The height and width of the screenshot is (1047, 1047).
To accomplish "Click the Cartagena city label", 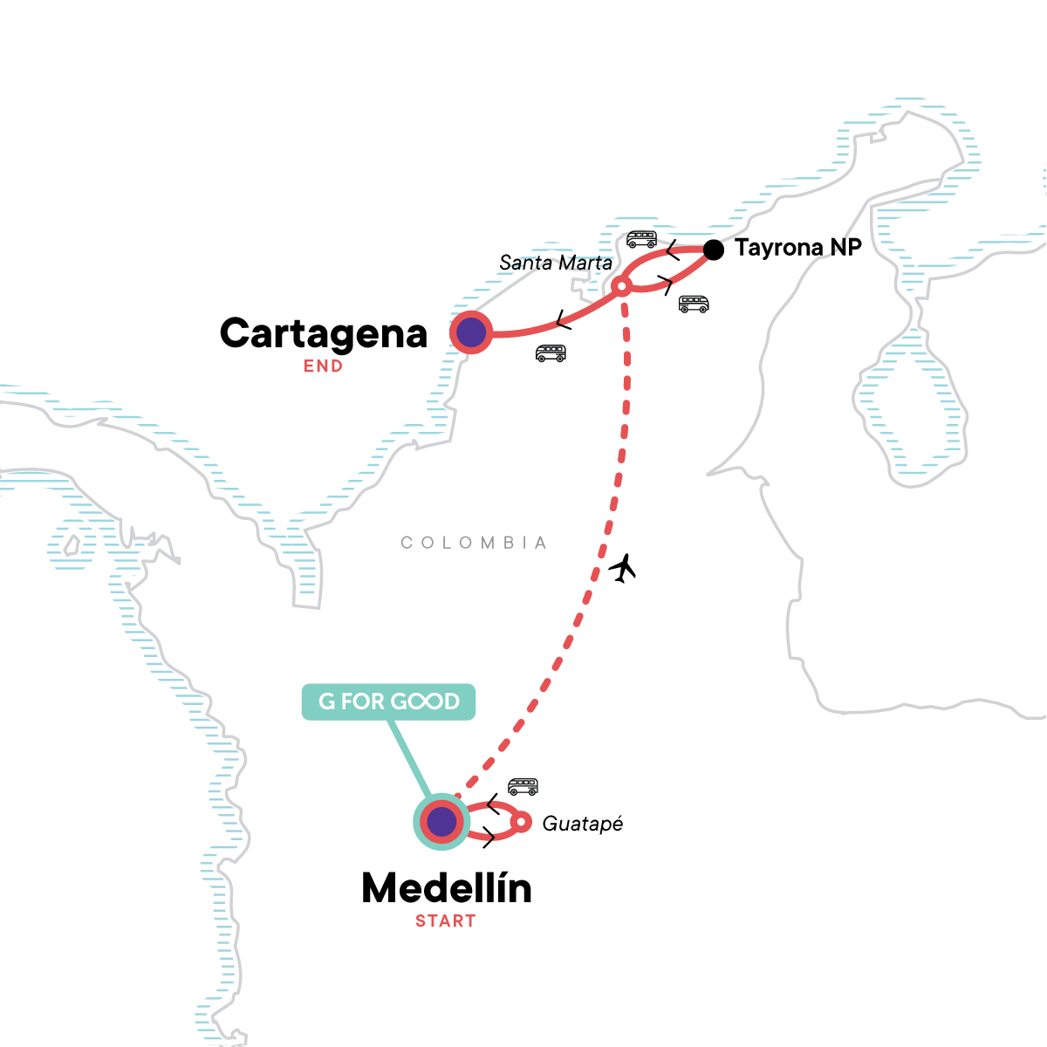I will pos(324,333).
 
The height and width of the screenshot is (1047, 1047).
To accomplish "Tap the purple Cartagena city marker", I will pos(471,332).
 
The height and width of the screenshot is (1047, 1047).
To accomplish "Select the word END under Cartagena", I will pos(323,366).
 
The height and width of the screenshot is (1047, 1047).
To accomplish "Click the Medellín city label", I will pos(446,888).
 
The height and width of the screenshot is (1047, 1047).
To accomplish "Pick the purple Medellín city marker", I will pos(441,821).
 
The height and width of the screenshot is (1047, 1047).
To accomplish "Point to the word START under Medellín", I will pos(445,920).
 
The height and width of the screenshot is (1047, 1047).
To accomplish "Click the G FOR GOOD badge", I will pos(388,701).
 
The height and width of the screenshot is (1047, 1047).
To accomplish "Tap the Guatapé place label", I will pos(583,823).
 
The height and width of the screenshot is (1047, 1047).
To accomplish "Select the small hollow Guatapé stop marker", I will pos(521,822).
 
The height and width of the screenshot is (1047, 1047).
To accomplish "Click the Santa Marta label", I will pos(556,262).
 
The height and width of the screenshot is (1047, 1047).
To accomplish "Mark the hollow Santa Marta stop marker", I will pos(621,285).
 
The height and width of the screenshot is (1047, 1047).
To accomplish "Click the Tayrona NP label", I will pos(798,248).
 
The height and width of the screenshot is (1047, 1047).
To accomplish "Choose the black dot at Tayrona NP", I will pos(714,250).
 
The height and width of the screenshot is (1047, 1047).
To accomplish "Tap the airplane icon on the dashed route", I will pos(622,569).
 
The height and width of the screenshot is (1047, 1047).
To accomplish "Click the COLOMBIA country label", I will pos(474,543).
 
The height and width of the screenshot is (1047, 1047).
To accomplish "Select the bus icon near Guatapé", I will pos(523,787).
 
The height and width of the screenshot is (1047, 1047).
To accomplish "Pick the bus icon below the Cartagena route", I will pos(551,352).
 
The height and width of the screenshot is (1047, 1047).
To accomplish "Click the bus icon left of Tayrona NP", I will pos(641,239).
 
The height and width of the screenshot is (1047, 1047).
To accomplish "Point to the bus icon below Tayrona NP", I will pos(694,304).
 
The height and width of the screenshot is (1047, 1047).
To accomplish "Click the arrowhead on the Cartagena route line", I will pos(563,320).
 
